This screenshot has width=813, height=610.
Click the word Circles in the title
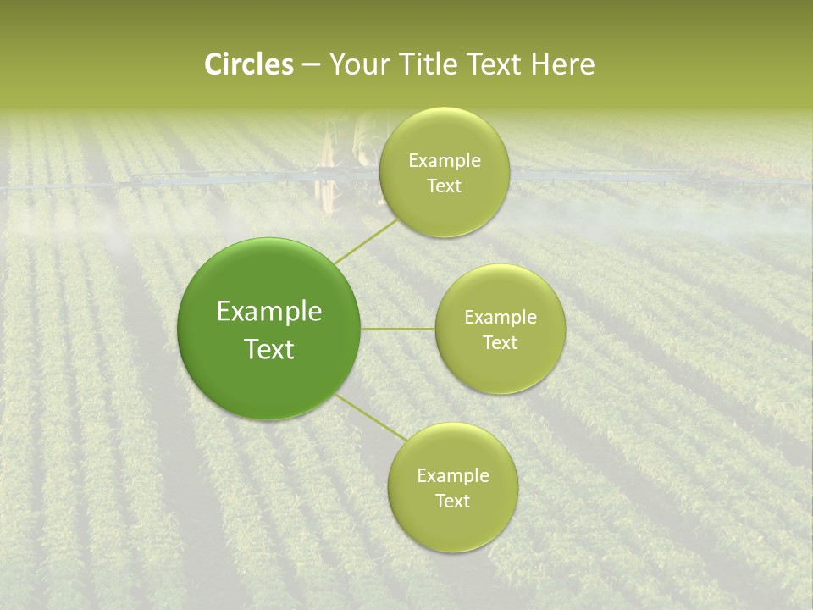click(x=248, y=64)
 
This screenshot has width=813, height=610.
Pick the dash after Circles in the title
click(x=310, y=65)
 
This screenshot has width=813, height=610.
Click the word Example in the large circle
click(x=268, y=312)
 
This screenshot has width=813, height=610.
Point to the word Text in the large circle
click(x=268, y=349)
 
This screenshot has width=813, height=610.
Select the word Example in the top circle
click(x=444, y=161)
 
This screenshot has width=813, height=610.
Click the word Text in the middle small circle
click(x=500, y=342)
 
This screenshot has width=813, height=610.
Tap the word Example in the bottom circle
click(x=452, y=475)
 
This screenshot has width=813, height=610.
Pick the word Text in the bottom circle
click(x=452, y=501)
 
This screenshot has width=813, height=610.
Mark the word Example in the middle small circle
click(x=500, y=318)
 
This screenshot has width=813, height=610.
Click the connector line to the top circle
click(x=366, y=241)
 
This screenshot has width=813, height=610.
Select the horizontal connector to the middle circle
click(x=397, y=329)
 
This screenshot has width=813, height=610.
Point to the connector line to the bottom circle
click(x=371, y=418)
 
